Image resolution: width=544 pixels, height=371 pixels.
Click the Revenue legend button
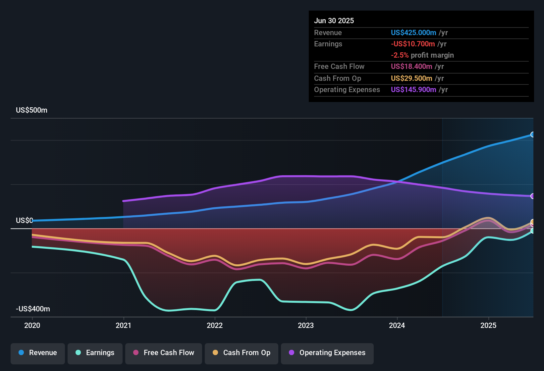[38, 353]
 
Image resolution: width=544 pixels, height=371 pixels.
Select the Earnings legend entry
[95, 353]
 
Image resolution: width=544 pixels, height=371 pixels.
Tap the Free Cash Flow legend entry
[164, 353]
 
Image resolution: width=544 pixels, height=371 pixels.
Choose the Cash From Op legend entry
[242, 353]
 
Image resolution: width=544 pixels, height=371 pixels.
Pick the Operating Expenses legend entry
[327, 353]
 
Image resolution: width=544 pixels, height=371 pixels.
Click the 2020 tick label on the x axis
[32, 325]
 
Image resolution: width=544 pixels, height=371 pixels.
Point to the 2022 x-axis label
[215, 325]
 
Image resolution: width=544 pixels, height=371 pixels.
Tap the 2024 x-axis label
[397, 325]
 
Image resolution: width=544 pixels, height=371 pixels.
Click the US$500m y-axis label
[31, 110]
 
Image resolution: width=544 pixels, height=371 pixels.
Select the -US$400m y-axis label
[33, 309]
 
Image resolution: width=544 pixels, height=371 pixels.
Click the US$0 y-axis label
[25, 221]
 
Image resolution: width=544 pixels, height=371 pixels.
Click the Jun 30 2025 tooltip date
[334, 21]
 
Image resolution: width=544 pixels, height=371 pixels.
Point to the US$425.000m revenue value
[413, 33]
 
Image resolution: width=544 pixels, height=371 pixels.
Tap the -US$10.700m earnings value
[413, 44]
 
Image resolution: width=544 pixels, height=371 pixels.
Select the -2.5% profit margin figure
[400, 55]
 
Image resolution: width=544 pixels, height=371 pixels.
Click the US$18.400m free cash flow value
[411, 67]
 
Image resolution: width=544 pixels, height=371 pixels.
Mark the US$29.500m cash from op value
[411, 79]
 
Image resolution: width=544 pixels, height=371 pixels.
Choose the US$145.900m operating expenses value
[413, 90]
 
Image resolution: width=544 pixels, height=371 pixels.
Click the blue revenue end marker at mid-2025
[533, 134]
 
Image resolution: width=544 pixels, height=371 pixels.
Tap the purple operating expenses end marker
[533, 196]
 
